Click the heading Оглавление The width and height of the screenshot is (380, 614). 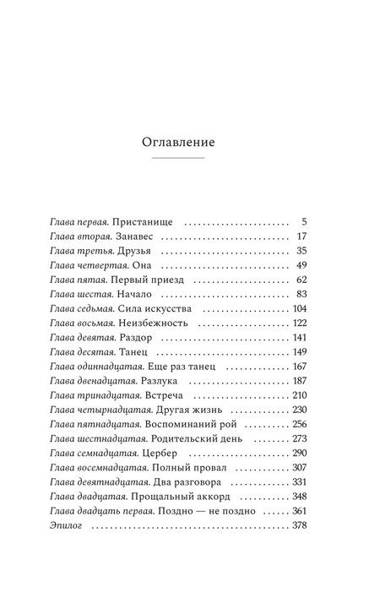[x=178, y=142]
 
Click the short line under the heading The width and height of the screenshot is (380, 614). [x=178, y=159]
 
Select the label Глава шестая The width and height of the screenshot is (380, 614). [x=79, y=296]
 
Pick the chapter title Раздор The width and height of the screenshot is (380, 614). [x=134, y=340]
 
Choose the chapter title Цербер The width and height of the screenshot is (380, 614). [x=153, y=455]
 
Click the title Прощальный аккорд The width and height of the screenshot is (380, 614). [x=166, y=499]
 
